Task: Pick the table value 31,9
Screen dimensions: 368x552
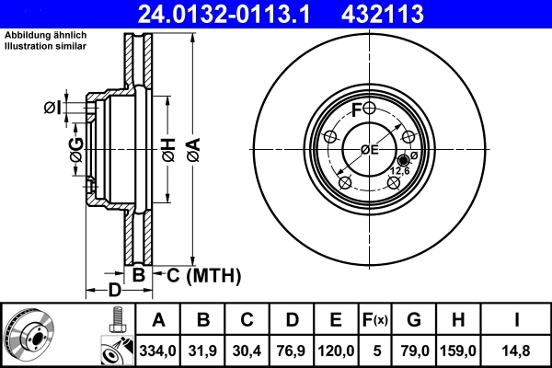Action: coord(203,350)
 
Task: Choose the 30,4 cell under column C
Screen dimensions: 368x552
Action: coord(247,350)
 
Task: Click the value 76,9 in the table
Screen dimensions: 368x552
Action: coord(292,350)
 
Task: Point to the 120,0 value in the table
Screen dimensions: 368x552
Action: coord(336,350)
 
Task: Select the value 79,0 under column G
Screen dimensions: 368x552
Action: coord(415,350)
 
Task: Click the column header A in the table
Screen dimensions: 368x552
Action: coord(159,321)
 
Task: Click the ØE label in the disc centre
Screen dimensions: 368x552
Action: coord(369,150)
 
